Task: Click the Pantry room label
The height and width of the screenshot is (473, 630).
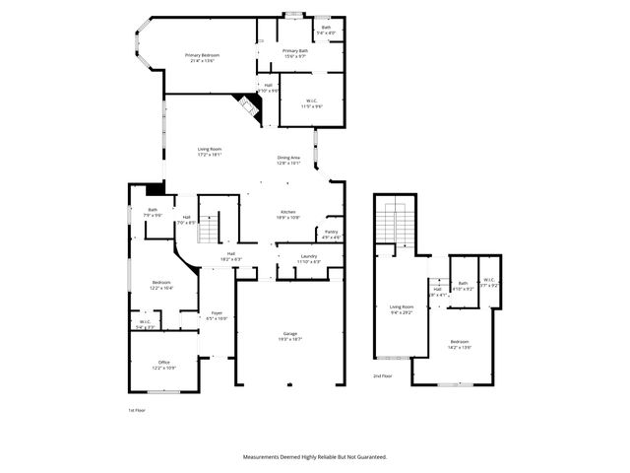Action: coord(332,235)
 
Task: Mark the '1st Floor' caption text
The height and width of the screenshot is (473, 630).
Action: coord(137,409)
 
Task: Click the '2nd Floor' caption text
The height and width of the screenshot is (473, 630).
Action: coord(383,376)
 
